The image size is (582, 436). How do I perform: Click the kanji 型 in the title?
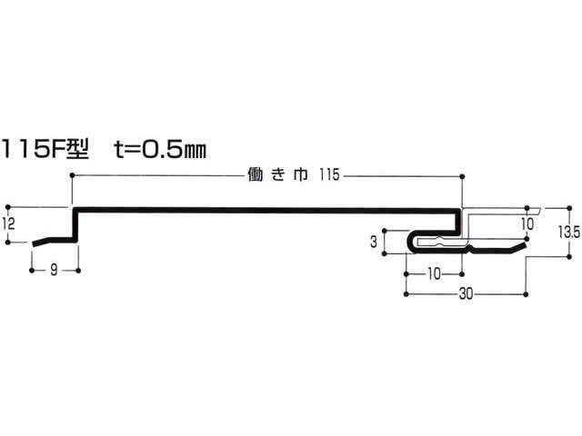[77, 149]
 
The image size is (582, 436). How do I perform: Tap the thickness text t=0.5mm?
[160, 149]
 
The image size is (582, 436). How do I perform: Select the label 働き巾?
[277, 174]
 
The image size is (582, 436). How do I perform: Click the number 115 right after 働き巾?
[329, 174]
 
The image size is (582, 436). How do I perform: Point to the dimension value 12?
[8, 224]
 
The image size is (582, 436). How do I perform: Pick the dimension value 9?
[55, 270]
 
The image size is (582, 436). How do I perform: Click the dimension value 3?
[374, 242]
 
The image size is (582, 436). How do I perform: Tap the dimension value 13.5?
[569, 233]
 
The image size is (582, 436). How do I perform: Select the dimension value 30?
[466, 294]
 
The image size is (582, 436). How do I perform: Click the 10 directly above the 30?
[434, 274]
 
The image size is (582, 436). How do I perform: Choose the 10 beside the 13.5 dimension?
[527, 224]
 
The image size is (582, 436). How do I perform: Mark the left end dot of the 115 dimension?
[72, 175]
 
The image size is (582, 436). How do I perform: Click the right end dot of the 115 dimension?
[462, 176]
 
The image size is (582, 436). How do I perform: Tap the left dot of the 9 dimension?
[32, 271]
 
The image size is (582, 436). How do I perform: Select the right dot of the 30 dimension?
[526, 294]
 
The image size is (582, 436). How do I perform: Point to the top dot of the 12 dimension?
[8, 207]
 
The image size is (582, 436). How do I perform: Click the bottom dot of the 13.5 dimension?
[570, 256]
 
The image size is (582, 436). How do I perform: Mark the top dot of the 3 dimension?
[385, 231]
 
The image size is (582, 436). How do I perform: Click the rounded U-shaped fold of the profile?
[410, 243]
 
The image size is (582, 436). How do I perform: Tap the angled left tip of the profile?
[34, 244]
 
